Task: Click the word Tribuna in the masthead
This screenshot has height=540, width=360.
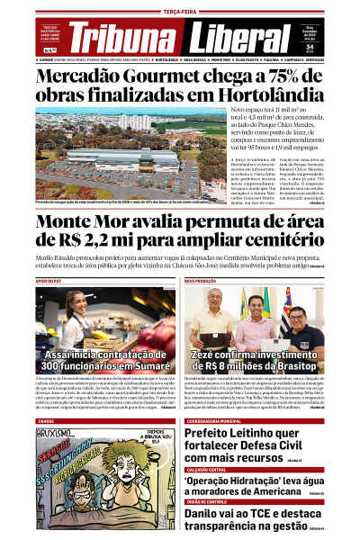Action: click(x=124, y=38)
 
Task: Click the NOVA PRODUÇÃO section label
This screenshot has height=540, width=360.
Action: click(x=203, y=281)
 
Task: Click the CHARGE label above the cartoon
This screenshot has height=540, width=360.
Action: click(x=46, y=420)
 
